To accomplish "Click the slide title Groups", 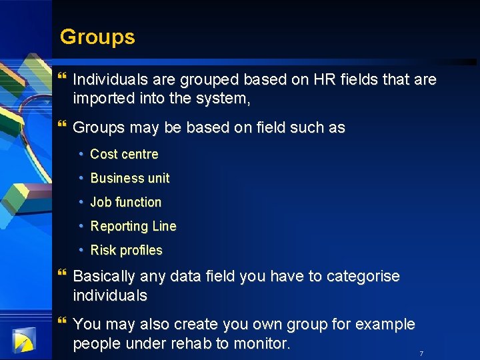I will click(97, 37).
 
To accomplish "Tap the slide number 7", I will click(421, 353).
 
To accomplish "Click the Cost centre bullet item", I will click(124, 154).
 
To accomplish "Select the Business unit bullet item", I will click(130, 178).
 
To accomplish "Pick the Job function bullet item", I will click(126, 202).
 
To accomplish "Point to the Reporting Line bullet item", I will click(133, 226).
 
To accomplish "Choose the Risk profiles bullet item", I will click(126, 250).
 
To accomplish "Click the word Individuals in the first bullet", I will click(109, 80).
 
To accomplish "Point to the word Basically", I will click(104, 276).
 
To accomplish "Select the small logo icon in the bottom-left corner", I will click(23, 341).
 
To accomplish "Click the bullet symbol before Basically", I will click(63, 273).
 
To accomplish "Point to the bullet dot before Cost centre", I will click(81, 154).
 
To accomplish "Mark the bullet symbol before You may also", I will click(63, 322).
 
